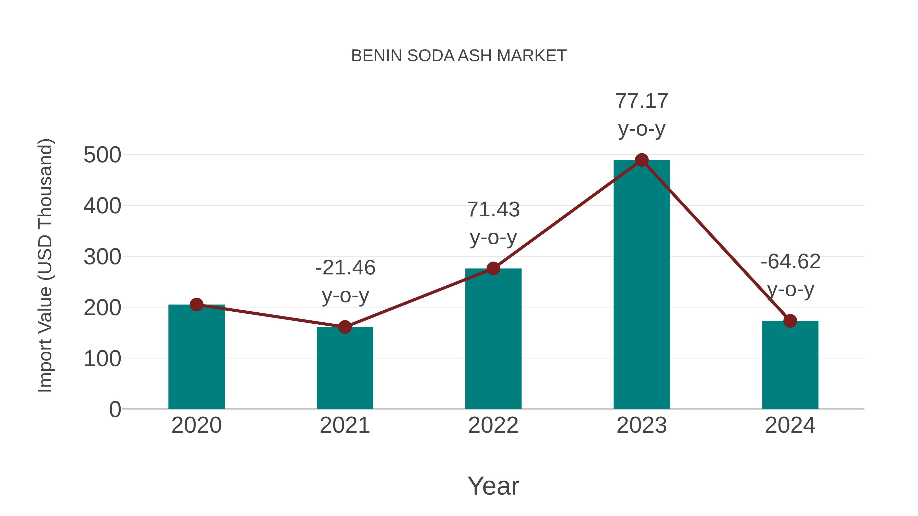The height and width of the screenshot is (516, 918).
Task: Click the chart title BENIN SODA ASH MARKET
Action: click(459, 56)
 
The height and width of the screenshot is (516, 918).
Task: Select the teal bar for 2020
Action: click(196, 356)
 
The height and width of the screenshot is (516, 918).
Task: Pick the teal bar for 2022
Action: click(493, 338)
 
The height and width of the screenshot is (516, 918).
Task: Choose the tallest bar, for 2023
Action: click(642, 285)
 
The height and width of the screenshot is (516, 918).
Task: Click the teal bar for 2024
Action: click(790, 365)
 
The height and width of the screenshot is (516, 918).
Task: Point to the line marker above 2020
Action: click(196, 305)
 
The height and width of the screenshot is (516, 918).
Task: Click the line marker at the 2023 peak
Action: click(642, 160)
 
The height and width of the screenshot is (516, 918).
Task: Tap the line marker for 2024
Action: click(790, 321)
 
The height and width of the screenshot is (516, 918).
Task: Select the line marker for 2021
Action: click(345, 327)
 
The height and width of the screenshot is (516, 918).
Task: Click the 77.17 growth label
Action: click(642, 101)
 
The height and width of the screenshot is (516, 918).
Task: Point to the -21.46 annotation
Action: click(345, 268)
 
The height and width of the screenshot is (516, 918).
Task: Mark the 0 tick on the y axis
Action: click(115, 409)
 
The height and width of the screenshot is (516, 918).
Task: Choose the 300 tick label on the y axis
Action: click(102, 257)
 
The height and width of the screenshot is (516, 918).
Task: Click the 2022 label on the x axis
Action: click(493, 426)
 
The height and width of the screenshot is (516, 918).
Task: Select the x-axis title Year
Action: click(493, 486)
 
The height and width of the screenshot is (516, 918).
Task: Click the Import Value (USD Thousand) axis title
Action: click(46, 265)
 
